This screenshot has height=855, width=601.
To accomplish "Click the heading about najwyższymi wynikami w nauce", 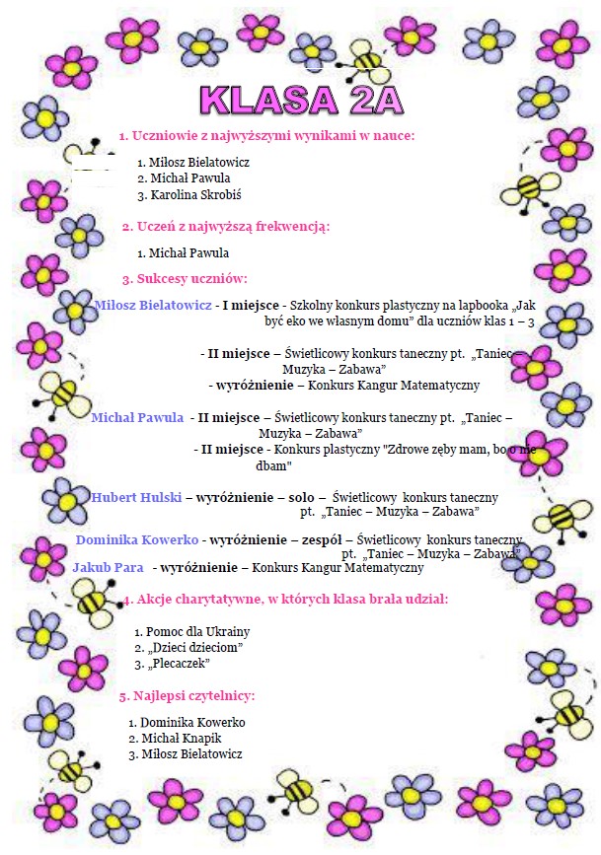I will tap(266, 135).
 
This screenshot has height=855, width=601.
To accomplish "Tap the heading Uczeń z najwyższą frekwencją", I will tap(225, 227).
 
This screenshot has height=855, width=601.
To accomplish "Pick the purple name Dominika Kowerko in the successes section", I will tap(137, 540).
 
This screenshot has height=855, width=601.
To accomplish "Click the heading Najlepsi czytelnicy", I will tap(187, 696).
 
